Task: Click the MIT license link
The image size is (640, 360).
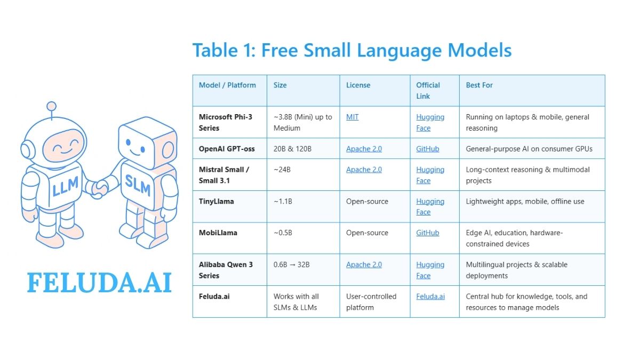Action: coord(353,117)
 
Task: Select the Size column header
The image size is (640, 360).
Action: coord(280,85)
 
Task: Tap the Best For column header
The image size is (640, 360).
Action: coord(479,85)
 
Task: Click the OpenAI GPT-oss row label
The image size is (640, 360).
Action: coord(227,149)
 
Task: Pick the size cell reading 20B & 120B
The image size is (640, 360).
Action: coord(292,149)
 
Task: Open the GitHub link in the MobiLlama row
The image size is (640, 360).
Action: coord(427,233)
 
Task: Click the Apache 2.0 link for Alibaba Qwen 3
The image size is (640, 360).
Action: coord(364,265)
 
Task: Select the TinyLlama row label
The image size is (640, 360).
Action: coord(217,202)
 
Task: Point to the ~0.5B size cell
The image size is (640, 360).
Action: coord(283,233)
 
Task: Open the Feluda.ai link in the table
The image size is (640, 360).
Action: coord(430,297)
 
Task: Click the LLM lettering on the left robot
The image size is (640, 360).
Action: coord(65,186)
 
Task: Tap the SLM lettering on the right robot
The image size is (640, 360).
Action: coord(138,185)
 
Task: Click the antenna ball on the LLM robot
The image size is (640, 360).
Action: coord(51,107)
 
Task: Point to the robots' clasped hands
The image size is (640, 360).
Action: coord(100,189)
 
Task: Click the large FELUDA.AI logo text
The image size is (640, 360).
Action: coord(99,283)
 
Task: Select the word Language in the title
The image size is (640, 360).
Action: coord(399,51)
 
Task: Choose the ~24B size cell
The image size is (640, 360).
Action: coord(282,170)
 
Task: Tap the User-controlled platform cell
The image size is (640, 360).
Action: coord(371,302)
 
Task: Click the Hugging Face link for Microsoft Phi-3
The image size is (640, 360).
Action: coord(430,123)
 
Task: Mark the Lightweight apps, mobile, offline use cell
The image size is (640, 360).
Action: coord(525,202)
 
